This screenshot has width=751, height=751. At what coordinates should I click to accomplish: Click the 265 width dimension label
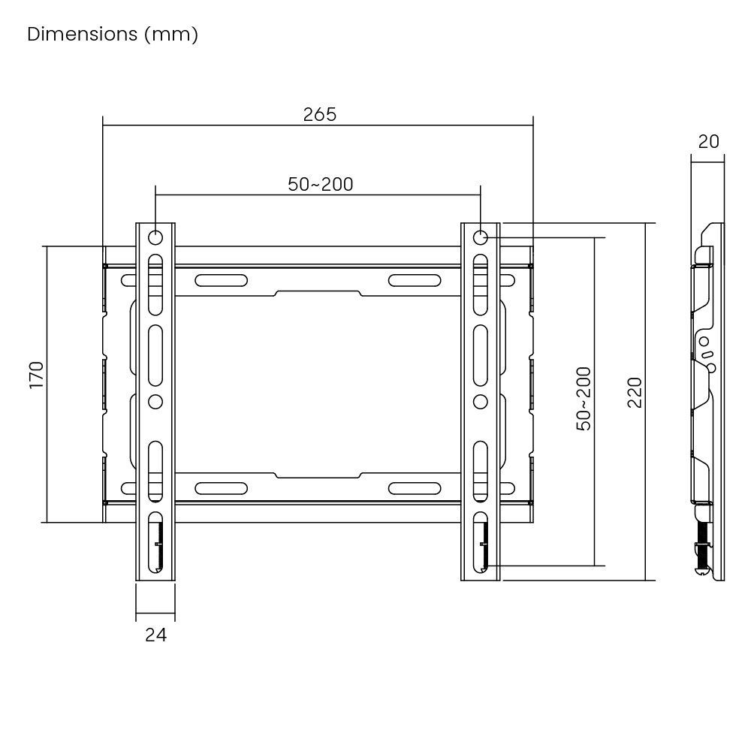pos(319,114)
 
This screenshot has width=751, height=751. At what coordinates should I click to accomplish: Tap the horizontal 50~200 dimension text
pos(321,184)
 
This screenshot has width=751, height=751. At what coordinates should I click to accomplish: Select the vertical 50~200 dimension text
pos(584,398)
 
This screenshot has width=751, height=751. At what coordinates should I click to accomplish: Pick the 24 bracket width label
pos(155,635)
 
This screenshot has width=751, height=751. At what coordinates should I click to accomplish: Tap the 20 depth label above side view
pos(708,141)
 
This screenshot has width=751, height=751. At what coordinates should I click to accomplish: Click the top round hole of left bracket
pos(155,238)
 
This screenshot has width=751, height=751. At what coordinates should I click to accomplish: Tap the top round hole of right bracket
pos(481,238)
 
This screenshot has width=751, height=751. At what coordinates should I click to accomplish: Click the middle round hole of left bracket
pos(155,401)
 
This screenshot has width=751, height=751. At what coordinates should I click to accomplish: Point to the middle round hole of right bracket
pos(481,401)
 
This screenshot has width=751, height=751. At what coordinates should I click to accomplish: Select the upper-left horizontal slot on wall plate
pos(221,281)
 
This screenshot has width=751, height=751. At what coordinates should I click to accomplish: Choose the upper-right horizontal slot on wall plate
pos(414,281)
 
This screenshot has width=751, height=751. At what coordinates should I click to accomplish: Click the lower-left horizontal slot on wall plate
pos(221,488)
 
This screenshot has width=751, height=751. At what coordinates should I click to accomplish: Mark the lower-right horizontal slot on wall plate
pos(414,488)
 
